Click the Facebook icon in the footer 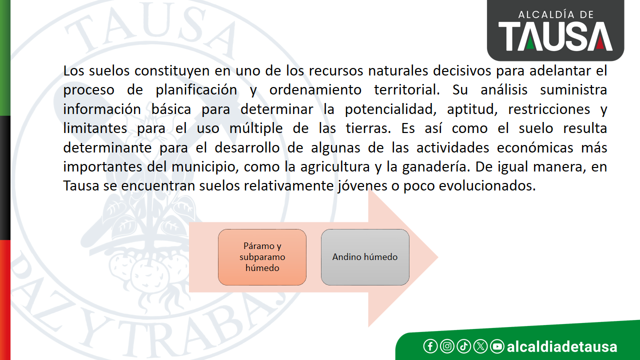point(430,346)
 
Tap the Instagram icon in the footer point(447,346)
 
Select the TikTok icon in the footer point(463,346)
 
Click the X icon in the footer point(480,346)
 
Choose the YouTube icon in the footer point(497,346)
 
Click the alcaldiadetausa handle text point(562,347)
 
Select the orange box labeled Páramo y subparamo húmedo point(262,257)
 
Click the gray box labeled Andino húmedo point(365,257)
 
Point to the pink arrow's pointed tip point(437,257)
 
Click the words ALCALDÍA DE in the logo point(556,15)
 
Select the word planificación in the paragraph point(196,90)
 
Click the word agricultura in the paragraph point(335,167)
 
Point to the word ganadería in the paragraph point(436,167)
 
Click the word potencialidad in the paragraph point(390,109)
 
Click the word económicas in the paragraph point(535,147)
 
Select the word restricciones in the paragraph point(549,109)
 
